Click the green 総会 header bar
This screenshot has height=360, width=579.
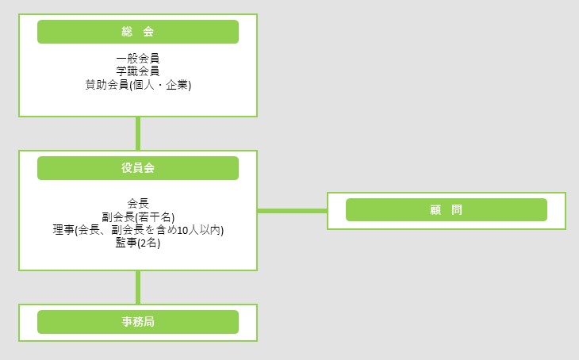coord(138,32)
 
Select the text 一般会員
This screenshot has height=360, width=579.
coord(138,59)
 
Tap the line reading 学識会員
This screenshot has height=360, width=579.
coord(138,71)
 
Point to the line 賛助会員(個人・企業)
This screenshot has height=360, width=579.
coord(138,84)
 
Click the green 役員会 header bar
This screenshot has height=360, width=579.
coord(138,168)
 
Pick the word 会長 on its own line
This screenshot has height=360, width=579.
coord(138,203)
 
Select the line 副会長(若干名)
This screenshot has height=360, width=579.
coord(138,216)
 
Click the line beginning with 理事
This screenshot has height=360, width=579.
coord(138,230)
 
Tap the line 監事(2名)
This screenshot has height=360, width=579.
coord(138,243)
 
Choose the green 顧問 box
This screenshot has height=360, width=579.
coord(447,210)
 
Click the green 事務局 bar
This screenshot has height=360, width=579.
coord(138,322)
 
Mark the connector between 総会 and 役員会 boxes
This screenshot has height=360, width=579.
coord(138,133)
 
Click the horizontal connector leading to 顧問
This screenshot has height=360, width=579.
coord(292,211)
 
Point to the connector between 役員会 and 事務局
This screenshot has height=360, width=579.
coord(138,287)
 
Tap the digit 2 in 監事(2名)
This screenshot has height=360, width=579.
coord(143,243)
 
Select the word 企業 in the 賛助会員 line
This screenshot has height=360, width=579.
coord(177,84)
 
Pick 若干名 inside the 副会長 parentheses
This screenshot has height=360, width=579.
coord(155,216)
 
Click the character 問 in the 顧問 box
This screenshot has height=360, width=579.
coord(456,210)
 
